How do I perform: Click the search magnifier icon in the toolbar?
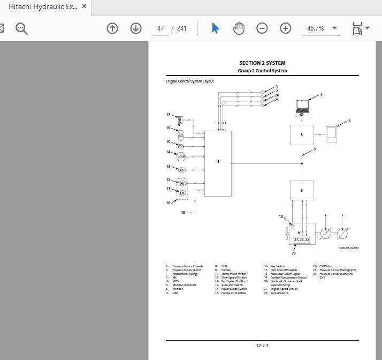(21, 28)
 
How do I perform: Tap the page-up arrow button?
(112, 28)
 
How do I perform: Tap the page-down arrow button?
(136, 28)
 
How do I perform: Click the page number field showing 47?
(161, 28)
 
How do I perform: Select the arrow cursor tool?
(215, 28)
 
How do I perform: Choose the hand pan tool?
(239, 28)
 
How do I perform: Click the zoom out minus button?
(262, 28)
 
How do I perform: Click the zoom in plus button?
(286, 28)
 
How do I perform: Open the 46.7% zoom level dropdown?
(334, 28)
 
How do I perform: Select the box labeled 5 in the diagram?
(302, 135)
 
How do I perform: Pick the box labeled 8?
(302, 190)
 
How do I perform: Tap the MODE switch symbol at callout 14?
(181, 157)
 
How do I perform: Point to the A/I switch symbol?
(181, 170)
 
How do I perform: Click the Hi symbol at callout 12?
(182, 183)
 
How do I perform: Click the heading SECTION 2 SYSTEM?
(262, 63)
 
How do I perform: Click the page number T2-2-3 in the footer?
(262, 346)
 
